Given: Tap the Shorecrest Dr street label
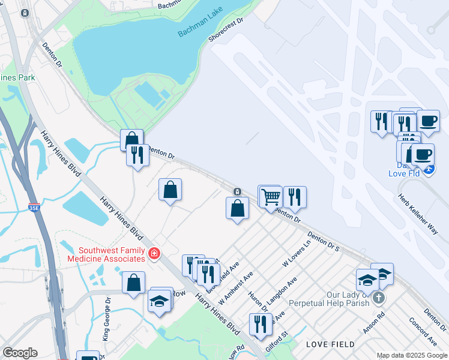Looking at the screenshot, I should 226,29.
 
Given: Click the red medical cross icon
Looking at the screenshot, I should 154,254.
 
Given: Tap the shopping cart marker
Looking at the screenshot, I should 271,196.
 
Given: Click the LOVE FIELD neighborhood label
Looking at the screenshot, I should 330,344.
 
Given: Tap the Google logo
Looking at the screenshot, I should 19,353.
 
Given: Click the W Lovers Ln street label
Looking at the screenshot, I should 297,254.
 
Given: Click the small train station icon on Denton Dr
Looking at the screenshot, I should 238,191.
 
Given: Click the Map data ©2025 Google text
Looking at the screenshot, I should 412,355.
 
